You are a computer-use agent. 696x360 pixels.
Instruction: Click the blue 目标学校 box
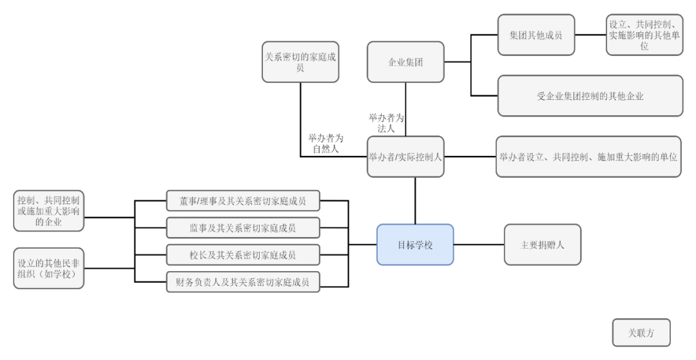415,245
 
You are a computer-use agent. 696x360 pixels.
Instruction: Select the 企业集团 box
406,62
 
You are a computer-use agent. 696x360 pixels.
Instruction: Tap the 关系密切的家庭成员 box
300,62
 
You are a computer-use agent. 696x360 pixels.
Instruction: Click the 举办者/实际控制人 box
406,156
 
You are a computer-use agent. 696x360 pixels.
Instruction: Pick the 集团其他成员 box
536,35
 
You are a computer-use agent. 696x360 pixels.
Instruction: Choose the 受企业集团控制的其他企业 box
590,96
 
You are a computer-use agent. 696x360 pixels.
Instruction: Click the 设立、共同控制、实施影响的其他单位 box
644,35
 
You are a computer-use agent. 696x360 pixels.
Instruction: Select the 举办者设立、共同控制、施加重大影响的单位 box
588,156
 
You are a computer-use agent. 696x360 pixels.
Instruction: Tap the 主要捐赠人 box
542,245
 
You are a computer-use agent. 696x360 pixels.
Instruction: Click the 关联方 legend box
641,333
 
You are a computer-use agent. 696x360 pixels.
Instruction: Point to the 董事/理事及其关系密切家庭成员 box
243,200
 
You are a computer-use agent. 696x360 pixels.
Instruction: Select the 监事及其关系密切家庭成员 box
243,227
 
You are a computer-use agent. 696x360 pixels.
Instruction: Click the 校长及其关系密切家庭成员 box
243,254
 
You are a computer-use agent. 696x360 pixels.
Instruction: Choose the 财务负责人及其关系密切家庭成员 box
243,281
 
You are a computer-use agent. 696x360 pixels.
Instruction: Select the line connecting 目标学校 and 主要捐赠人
479,245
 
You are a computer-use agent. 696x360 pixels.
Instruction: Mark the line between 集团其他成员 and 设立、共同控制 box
590,35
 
